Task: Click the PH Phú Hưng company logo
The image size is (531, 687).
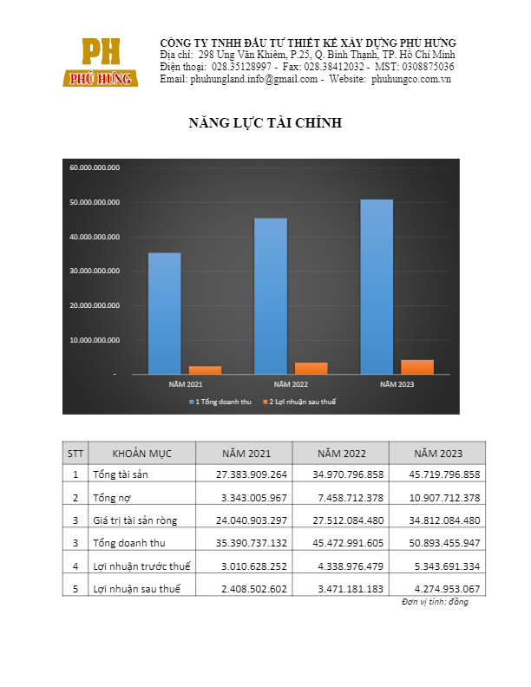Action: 100,62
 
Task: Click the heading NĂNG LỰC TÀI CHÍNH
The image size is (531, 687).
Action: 265,123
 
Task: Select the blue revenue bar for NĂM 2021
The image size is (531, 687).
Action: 165,313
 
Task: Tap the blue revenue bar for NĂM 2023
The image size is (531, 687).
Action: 377,286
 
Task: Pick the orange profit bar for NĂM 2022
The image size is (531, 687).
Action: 311,368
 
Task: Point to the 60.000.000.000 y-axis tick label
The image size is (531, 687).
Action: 95,167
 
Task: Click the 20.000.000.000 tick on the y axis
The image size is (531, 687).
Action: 95,305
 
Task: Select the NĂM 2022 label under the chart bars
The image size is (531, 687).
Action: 291,383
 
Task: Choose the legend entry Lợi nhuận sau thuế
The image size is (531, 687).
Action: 304,402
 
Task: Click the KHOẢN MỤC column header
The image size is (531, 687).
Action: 142,454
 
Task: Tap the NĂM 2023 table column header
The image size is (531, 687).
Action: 437,454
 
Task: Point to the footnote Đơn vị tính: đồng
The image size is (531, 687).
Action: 435,602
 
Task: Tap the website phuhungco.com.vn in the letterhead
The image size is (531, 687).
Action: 411,79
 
